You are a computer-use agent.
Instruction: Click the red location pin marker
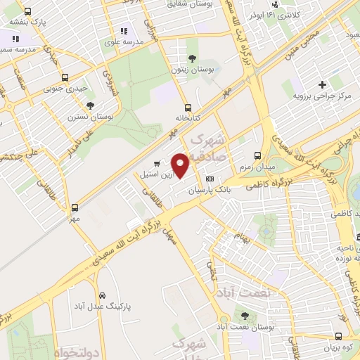coord(181,165)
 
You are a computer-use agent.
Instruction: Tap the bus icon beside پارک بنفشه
coord(27,12)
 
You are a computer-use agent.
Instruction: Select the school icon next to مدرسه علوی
coord(124,31)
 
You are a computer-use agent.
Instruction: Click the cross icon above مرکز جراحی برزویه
coord(321,84)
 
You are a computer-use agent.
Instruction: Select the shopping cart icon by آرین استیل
coord(157,164)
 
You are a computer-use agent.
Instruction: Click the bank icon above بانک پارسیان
coord(209,180)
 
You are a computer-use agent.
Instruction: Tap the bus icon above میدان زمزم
coord(257,155)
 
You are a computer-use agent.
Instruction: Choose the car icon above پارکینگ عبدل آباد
coord(103,295)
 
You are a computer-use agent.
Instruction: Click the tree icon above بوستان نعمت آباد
coord(244,316)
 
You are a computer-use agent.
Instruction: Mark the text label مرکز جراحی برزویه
coord(322,94)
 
